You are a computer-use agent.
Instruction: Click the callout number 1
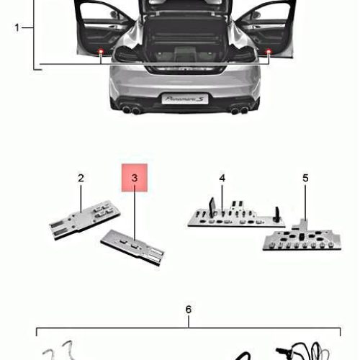tap(17, 27)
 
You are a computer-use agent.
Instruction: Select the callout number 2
tap(81, 178)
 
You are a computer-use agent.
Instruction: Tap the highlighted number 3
tap(135, 178)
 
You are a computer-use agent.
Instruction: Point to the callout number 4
tap(222, 178)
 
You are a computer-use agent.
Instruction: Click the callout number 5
tap(305, 178)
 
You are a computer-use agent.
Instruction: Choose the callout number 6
tap(189, 310)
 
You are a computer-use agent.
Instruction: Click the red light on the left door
tap(101, 51)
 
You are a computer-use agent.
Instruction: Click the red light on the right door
tap(269, 51)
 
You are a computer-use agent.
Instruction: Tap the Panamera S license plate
tap(185, 99)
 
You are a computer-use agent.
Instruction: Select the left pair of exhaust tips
tap(131, 110)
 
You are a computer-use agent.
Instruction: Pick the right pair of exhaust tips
tap(240, 110)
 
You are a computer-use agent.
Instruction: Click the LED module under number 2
tap(84, 220)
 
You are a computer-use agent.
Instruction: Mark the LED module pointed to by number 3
tap(132, 248)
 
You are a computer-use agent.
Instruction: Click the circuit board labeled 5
tap(302, 238)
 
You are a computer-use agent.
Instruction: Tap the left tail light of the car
tap(126, 53)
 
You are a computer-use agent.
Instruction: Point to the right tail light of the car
tap(243, 53)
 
